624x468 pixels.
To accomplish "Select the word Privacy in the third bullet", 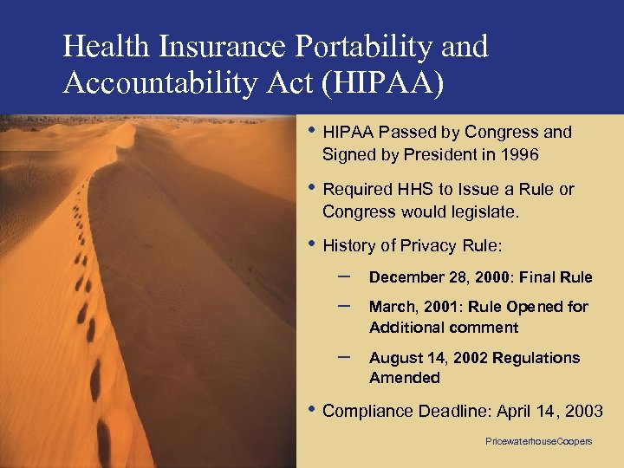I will coord(425,245).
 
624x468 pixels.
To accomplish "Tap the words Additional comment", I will coord(444,328).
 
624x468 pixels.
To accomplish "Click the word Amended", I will coord(405,378).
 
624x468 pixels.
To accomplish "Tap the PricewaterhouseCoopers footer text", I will coord(538,441).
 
